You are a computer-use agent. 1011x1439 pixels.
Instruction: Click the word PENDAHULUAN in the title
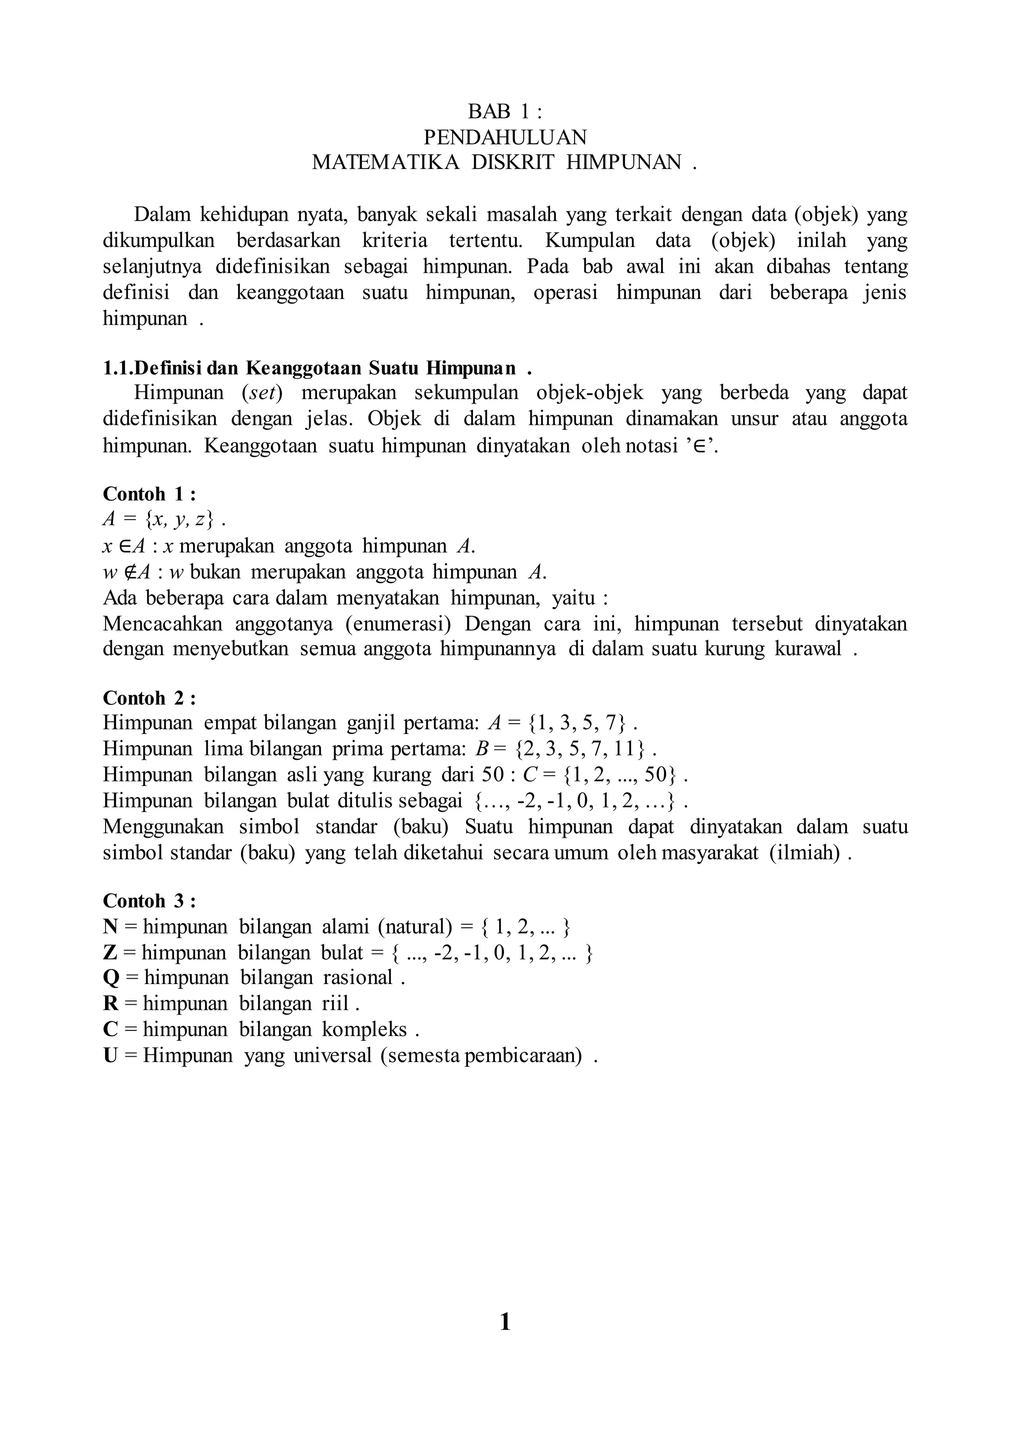pos(505,137)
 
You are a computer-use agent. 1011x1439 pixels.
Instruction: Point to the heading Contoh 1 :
pos(149,494)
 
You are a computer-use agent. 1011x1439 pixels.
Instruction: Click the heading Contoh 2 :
pos(149,698)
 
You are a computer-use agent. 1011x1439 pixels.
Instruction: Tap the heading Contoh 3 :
pos(149,901)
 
